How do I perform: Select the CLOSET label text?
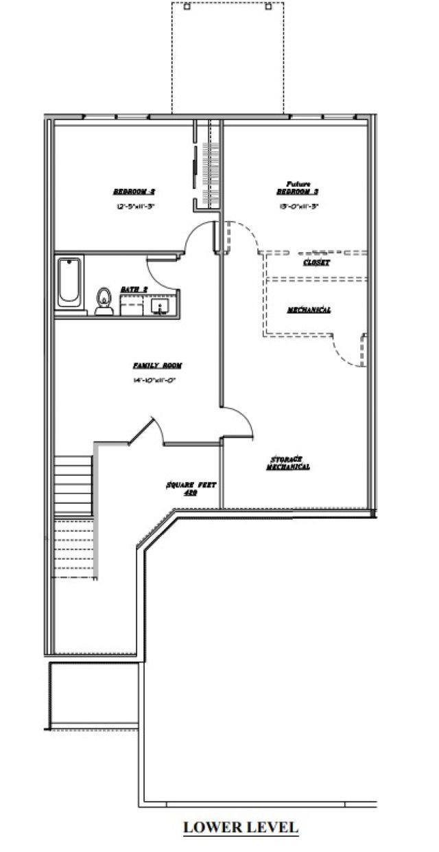(316, 263)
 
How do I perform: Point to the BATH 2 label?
(134, 290)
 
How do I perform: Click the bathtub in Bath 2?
(69, 283)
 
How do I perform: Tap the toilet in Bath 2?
(104, 301)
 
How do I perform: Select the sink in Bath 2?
(164, 306)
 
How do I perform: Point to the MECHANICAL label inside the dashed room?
(308, 310)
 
